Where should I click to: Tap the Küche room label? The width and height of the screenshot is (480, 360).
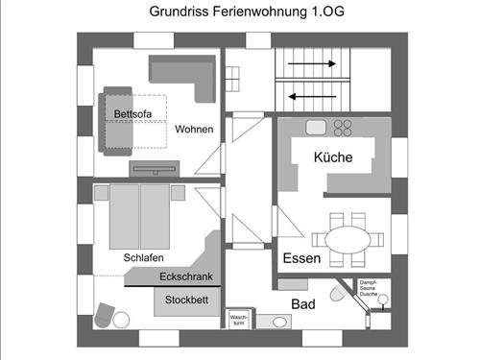333,157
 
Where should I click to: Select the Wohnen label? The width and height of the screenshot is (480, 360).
194,130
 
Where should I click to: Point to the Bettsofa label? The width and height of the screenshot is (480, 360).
133,114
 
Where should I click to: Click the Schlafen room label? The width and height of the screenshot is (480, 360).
143,258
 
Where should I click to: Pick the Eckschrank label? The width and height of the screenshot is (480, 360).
185,277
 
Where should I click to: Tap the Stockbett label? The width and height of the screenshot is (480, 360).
186,300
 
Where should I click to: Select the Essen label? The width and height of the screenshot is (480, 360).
300,259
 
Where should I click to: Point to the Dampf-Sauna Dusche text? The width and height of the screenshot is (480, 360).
375,286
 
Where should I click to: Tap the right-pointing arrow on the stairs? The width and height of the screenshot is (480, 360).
313,65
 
